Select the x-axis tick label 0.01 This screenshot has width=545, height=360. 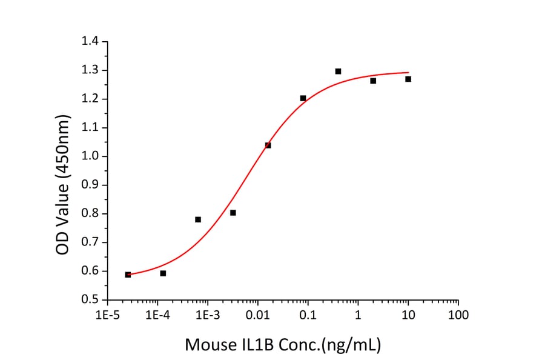[257, 315]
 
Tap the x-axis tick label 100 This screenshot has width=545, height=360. [458, 315]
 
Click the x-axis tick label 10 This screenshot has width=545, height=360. [408, 315]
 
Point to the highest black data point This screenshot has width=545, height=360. [338, 72]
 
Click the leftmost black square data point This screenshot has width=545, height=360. [128, 275]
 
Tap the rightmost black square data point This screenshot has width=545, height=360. [408, 79]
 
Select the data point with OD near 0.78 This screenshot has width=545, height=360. [198, 219]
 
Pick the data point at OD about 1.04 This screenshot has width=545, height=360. [268, 145]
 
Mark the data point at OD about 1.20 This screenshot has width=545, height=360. [303, 98]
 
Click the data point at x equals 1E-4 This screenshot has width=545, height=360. [163, 273]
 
